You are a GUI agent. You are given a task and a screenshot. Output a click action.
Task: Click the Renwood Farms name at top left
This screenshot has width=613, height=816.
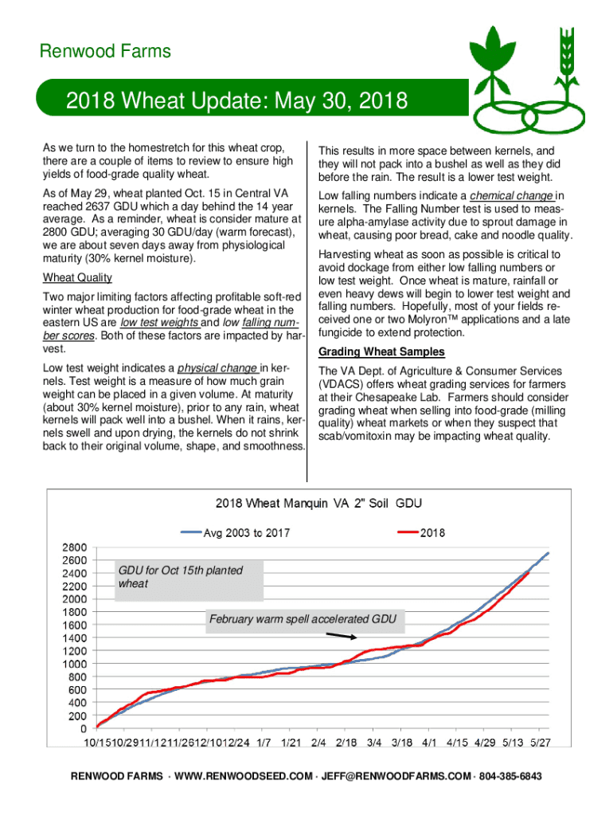(x=105, y=52)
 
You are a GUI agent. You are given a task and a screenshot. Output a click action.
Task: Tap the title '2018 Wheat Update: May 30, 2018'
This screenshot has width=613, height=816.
(x=236, y=102)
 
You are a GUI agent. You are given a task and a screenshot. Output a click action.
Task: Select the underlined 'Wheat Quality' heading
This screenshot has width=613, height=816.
(x=76, y=278)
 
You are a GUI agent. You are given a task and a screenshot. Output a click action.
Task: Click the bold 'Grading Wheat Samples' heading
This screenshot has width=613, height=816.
(x=381, y=352)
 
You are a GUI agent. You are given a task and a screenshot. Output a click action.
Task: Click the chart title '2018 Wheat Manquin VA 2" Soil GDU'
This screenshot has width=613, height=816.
(x=318, y=504)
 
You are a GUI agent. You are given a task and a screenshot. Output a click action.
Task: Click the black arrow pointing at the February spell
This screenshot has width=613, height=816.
(x=342, y=636)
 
